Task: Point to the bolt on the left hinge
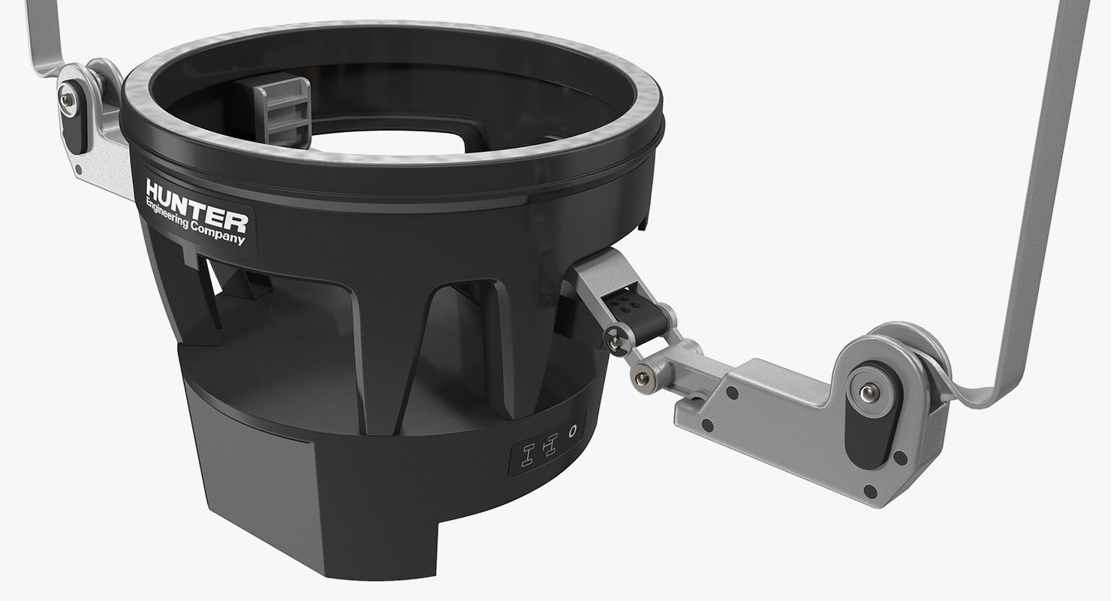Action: coord(68,97)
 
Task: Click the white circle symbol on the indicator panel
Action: coord(574,431)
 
